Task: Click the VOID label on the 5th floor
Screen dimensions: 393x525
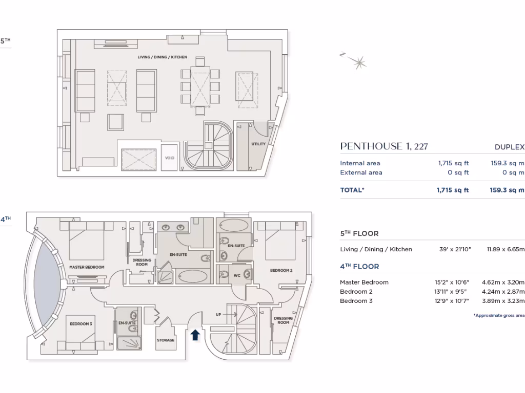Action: click(170, 158)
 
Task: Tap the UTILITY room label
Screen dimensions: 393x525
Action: click(258, 144)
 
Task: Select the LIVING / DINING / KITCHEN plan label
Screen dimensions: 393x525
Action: click(162, 57)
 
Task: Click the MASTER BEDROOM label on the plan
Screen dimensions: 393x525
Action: click(87, 267)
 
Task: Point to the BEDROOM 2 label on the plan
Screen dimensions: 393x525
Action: click(281, 270)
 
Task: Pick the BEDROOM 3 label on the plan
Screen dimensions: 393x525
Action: click(80, 324)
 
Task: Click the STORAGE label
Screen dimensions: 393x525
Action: click(166, 340)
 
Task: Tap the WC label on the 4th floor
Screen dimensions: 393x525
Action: click(236, 276)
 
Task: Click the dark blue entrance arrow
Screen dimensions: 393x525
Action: click(195, 335)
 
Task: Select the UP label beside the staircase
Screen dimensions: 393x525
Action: click(218, 314)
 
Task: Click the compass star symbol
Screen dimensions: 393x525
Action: click(358, 62)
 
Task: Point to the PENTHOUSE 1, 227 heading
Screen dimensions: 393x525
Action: click(383, 147)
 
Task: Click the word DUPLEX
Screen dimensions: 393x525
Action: click(509, 147)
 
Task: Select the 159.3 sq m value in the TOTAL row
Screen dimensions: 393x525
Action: click(507, 190)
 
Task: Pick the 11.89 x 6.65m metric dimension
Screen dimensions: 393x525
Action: click(504, 249)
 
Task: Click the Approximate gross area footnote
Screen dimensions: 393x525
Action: click(498, 316)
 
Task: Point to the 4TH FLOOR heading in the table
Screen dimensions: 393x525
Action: click(359, 267)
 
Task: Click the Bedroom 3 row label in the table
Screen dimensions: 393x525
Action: click(356, 301)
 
